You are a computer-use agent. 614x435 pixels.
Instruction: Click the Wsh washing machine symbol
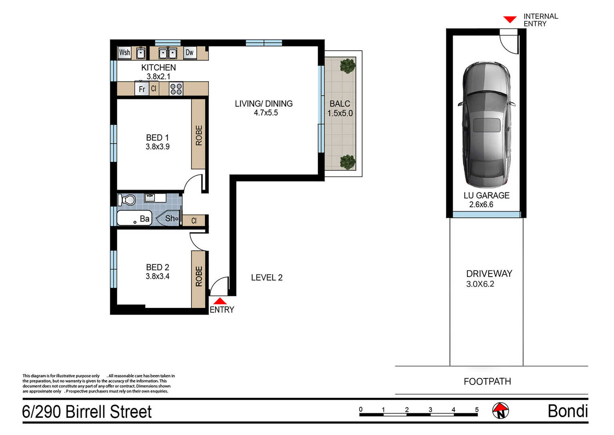click(124, 53)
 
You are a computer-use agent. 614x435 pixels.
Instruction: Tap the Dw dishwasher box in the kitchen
click(190, 53)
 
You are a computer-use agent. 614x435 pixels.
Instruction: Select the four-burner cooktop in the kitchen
click(176, 89)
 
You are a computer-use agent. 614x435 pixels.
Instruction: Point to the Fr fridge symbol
click(142, 89)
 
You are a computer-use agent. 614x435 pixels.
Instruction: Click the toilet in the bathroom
click(126, 200)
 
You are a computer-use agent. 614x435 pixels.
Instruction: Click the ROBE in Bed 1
click(199, 134)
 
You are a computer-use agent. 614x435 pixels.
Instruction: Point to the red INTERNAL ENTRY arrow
click(510, 20)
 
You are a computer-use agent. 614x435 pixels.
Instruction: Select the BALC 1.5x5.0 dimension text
click(340, 113)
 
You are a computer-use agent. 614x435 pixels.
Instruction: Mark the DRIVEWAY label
click(489, 273)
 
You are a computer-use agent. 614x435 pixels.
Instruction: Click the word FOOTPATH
click(488, 381)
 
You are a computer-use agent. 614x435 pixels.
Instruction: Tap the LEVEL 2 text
click(267, 278)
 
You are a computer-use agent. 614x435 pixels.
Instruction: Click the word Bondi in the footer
click(568, 411)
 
